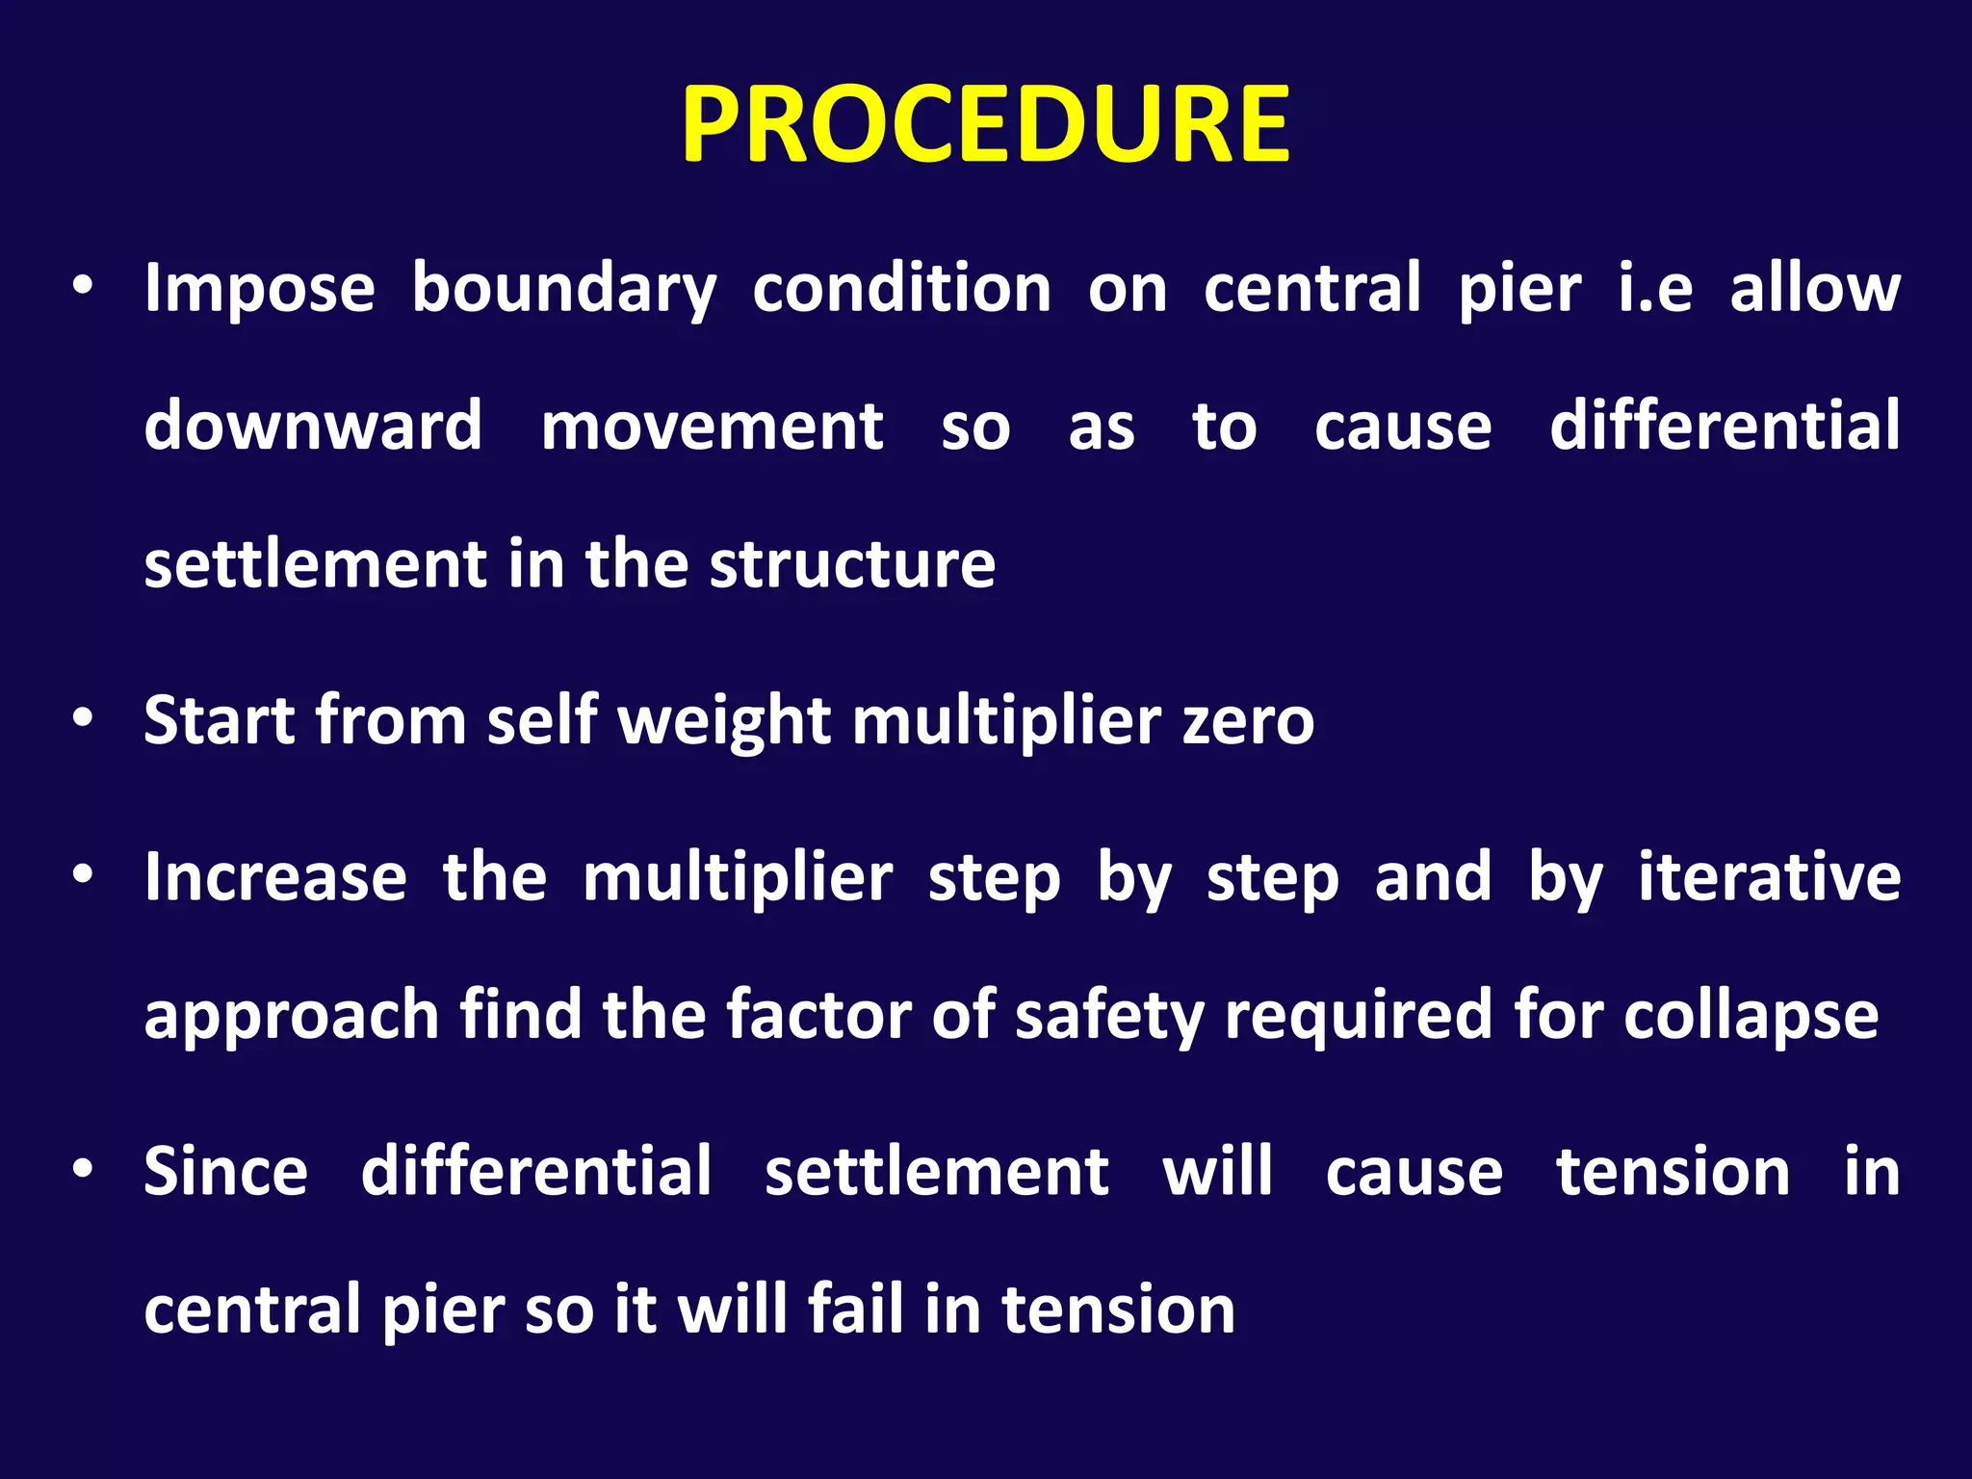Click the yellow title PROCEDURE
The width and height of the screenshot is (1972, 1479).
(x=985, y=125)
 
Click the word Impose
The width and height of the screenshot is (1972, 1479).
(x=259, y=289)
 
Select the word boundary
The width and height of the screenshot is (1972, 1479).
(x=564, y=289)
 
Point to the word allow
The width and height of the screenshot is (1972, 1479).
(x=1814, y=289)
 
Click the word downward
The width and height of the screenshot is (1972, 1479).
(x=313, y=426)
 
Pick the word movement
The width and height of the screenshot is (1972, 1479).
(x=712, y=426)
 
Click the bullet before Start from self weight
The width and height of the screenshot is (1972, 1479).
(x=84, y=718)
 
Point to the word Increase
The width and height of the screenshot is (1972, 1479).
(x=275, y=877)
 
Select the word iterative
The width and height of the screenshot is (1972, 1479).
(x=1770, y=877)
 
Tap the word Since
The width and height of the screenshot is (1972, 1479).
(x=226, y=1172)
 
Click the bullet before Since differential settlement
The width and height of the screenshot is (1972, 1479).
(x=84, y=1169)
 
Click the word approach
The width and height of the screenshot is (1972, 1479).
(x=292, y=1016)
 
